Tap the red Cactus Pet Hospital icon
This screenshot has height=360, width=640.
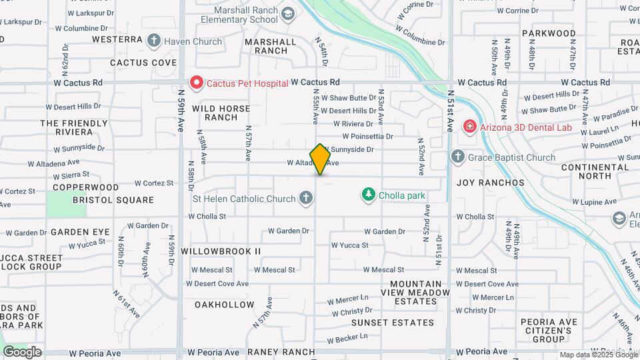[x=197, y=83]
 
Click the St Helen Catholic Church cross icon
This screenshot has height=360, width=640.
[x=306, y=198]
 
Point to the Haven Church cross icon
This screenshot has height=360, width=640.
[x=154, y=41]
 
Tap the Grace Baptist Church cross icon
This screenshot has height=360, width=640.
[x=457, y=157]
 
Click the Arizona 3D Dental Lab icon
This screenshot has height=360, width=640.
[x=469, y=126]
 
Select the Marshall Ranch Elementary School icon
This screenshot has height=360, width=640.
[x=287, y=14]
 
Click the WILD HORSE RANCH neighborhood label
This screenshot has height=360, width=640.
[x=221, y=113]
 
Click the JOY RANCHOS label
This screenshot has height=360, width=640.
[x=490, y=182]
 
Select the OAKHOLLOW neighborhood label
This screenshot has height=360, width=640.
[x=224, y=305]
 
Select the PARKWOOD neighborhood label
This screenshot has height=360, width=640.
[x=549, y=33]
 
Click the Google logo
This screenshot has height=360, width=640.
[x=22, y=351]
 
